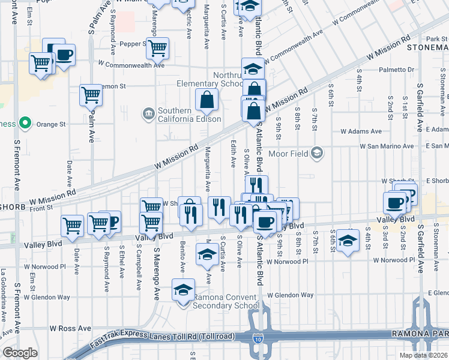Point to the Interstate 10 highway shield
click(258, 340)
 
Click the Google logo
click(19, 353)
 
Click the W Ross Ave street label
click(70, 328)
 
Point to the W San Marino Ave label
click(387, 146)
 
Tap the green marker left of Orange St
click(25, 124)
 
